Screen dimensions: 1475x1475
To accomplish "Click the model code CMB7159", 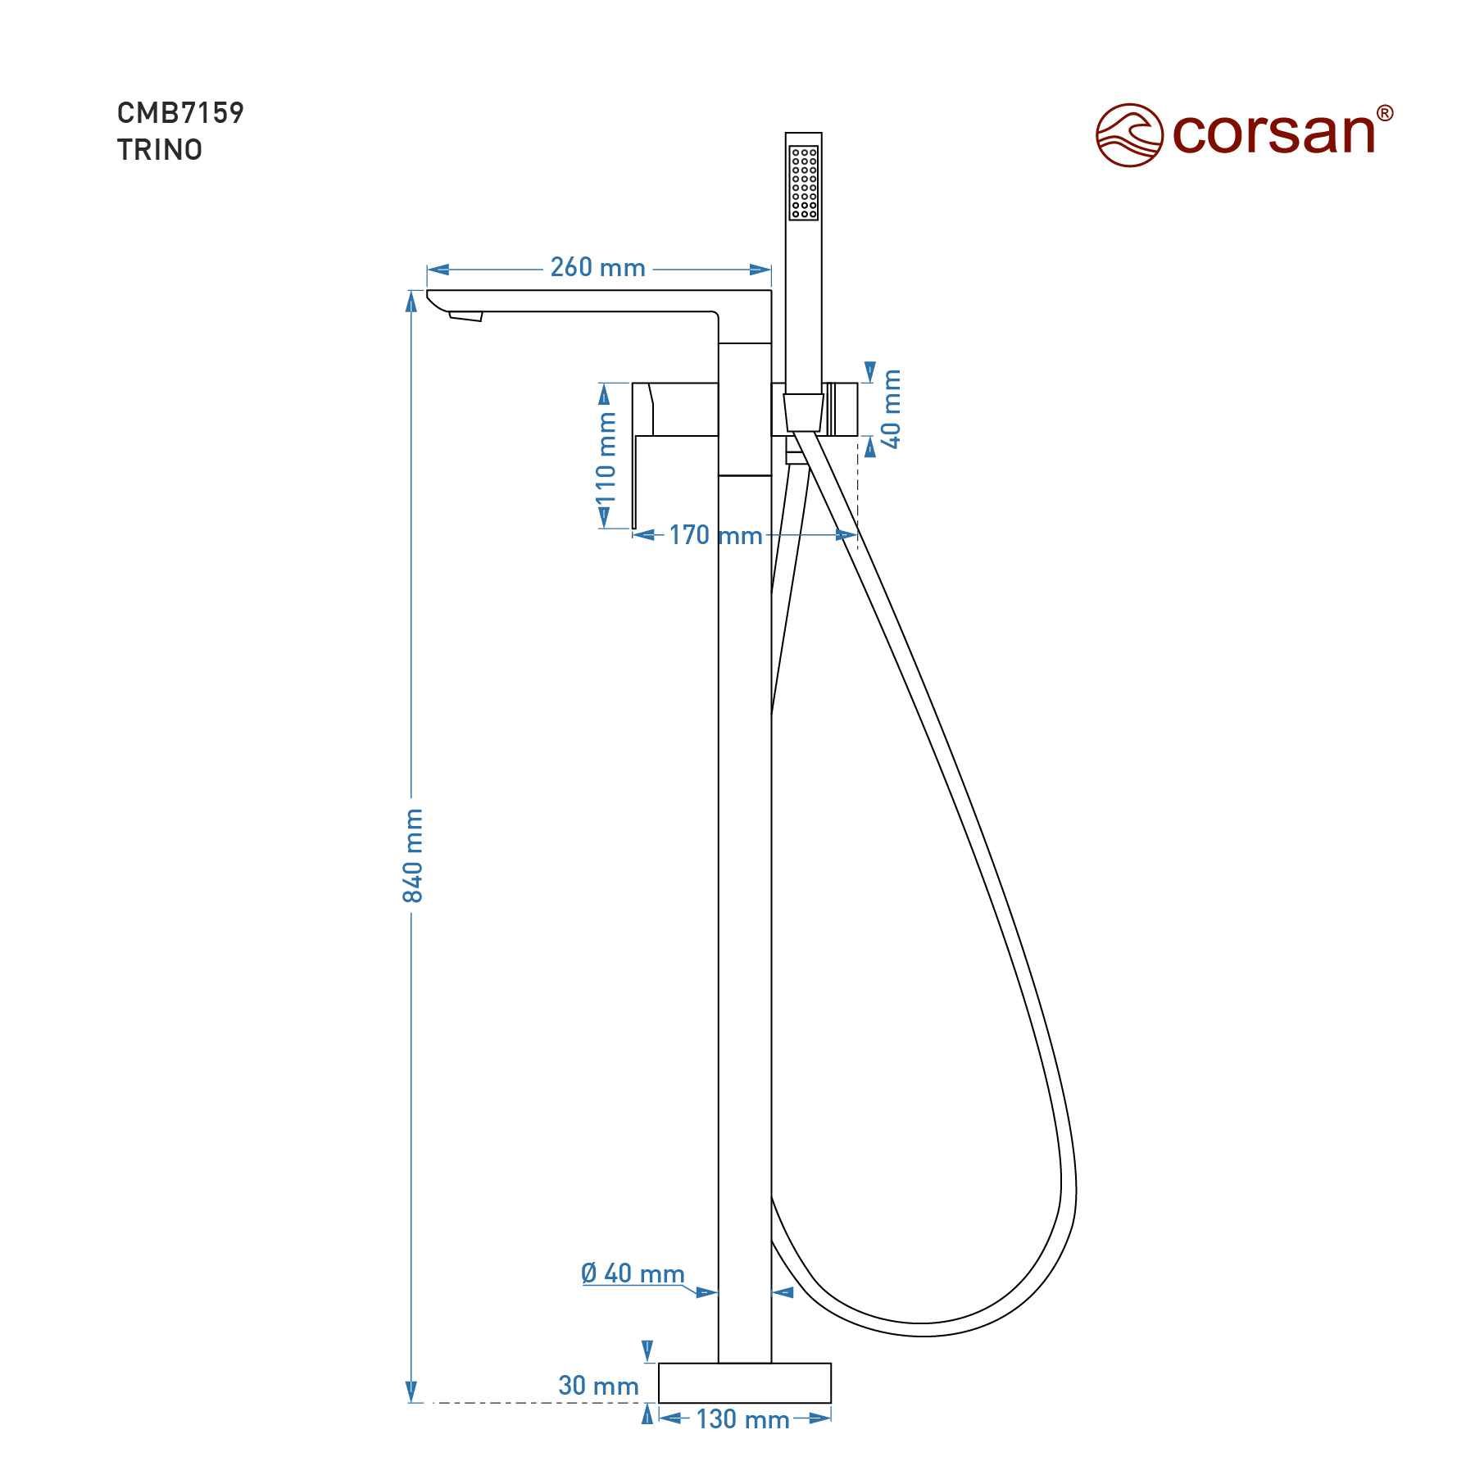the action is pyautogui.click(x=180, y=112).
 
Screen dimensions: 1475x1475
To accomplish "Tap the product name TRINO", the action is pyautogui.click(x=160, y=150).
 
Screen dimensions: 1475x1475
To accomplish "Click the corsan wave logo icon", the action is pyautogui.click(x=1130, y=134).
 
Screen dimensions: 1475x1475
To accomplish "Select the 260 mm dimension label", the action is pyautogui.click(x=597, y=267).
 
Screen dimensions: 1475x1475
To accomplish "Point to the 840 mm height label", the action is pyautogui.click(x=413, y=855).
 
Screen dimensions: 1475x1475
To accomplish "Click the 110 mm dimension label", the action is pyautogui.click(x=606, y=458).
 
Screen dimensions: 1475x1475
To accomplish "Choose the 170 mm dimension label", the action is pyautogui.click(x=715, y=535).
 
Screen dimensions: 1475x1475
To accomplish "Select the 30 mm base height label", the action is pyautogui.click(x=598, y=1386).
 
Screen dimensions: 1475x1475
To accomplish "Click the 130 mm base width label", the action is pyautogui.click(x=742, y=1418).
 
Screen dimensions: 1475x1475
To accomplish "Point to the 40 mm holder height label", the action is pyautogui.click(x=892, y=408).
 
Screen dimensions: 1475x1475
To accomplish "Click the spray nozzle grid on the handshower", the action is pyautogui.click(x=803, y=183).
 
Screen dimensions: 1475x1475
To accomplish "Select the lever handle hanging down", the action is pyautogui.click(x=643, y=456).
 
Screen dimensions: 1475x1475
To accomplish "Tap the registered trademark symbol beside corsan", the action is pyautogui.click(x=1383, y=113).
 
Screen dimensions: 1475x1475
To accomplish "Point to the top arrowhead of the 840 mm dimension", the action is pyautogui.click(x=412, y=300).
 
